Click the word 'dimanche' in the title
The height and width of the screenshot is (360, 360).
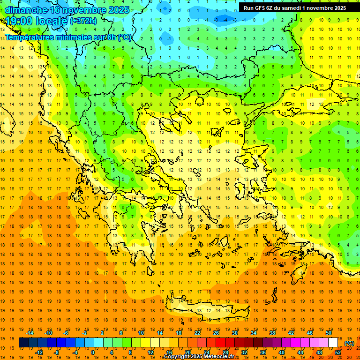pos(26,10)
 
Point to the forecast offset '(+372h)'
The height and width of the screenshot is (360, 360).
pos(84,21)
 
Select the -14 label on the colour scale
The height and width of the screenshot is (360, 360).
pos(30,333)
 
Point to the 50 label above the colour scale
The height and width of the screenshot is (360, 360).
pos(328,333)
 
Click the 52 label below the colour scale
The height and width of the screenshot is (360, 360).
pos(337,352)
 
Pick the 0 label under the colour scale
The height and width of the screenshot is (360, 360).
pos(93,352)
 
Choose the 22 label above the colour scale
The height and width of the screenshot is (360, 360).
pos(197,333)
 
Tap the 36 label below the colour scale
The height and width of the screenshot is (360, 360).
pos(262,352)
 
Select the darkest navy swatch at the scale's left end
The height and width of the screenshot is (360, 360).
pos(23,343)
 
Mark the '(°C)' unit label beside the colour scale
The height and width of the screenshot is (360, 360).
pos(349,343)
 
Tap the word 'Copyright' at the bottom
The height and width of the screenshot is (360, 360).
pos(177,357)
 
